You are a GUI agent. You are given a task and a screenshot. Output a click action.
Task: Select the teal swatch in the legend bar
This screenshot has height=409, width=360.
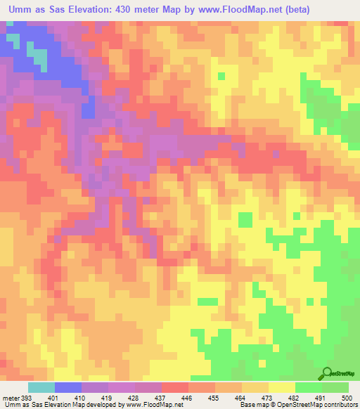pos(41,387)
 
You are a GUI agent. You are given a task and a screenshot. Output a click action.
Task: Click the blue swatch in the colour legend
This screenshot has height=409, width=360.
pos(68,387)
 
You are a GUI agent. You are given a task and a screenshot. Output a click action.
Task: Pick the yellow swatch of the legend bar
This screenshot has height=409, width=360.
pos(282,387)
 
